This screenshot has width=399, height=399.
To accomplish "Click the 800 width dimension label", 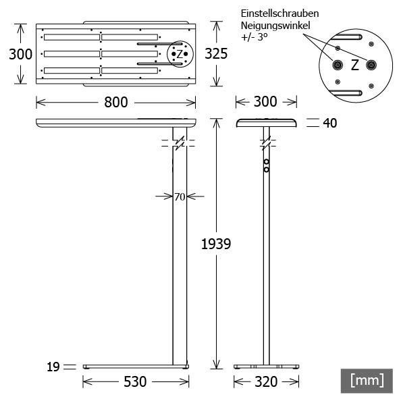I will click(115, 102).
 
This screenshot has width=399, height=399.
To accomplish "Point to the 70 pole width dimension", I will click(180, 197).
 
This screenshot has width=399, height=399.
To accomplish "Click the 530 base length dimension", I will click(135, 382).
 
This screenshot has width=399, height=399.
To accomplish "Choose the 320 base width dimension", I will click(266, 382).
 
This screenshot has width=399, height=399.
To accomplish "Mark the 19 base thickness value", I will click(53, 367).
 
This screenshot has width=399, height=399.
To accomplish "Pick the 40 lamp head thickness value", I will click(330, 123).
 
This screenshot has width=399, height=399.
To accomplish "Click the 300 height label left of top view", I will click(20, 54).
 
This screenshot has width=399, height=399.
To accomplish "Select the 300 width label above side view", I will click(265, 102).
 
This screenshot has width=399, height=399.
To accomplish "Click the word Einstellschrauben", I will click(280, 14).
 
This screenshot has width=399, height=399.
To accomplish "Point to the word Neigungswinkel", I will click(275, 26).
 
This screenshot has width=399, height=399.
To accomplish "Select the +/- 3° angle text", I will click(255, 38).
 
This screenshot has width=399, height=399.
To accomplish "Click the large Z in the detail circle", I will click(354, 65).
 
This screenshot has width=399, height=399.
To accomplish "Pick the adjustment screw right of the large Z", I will click(371, 65).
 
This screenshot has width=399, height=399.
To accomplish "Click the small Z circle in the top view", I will click(179, 53).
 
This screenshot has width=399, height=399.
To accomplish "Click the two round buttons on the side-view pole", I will click(267, 166).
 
